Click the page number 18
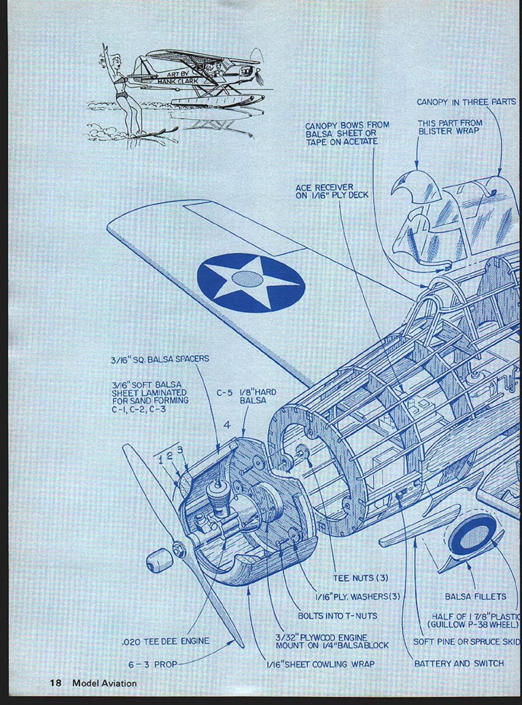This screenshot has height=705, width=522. click(55, 683)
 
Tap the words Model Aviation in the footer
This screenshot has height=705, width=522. click(104, 683)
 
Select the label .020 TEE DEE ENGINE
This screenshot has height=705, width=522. click(165, 641)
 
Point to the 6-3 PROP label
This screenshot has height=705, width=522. click(153, 664)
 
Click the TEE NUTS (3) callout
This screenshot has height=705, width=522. click(360, 577)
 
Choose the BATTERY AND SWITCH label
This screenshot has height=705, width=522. click(458, 663)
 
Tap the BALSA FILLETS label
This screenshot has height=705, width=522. click(475, 597)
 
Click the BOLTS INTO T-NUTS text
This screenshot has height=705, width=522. click(337, 616)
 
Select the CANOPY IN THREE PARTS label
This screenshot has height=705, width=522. click(466, 102)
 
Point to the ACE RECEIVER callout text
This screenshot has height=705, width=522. click(331, 191)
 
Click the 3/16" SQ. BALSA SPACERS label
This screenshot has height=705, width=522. click(159, 359)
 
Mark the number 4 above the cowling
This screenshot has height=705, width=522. click(227, 425)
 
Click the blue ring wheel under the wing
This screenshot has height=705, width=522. click(472, 539)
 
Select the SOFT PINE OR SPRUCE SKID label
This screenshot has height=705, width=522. click(466, 641)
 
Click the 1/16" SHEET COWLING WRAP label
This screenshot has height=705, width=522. click(320, 663)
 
